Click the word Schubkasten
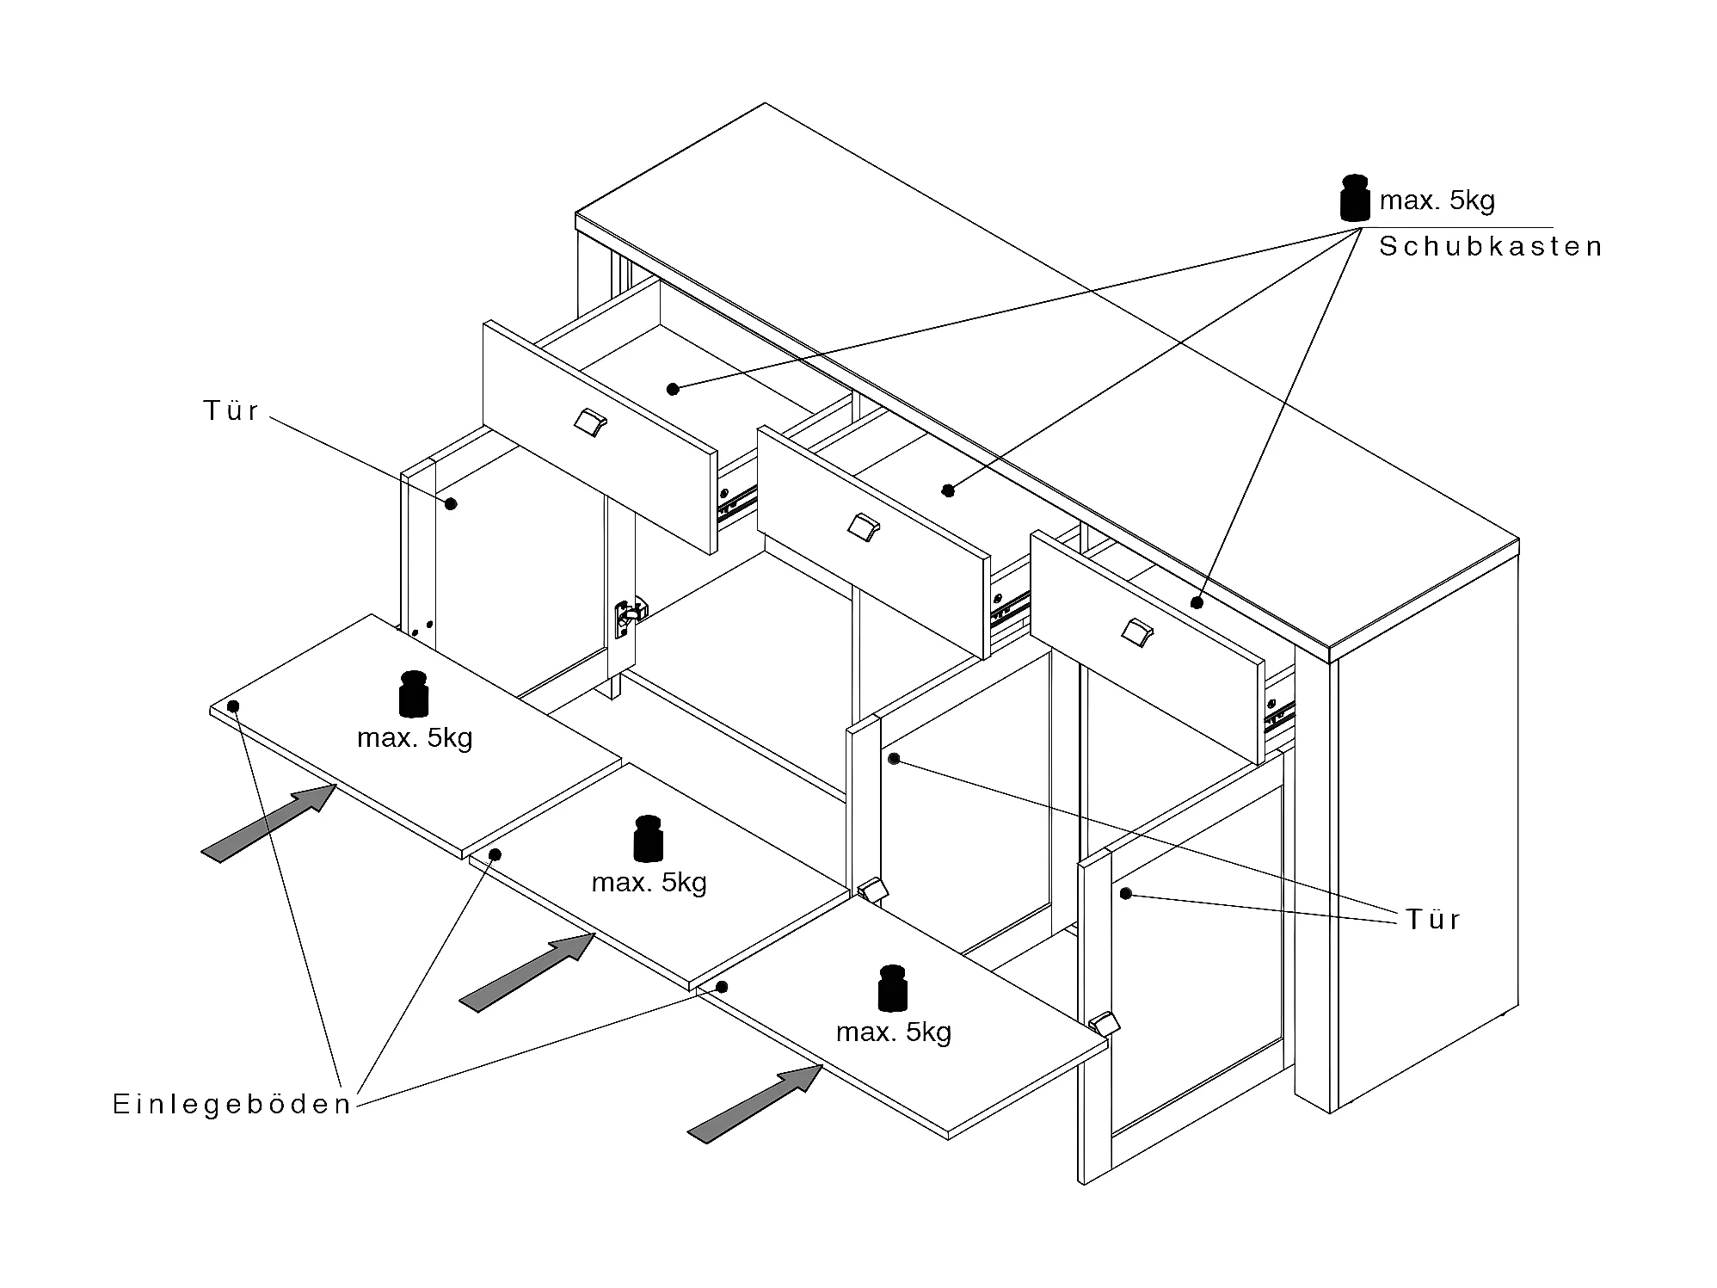click(1490, 247)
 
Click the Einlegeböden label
click(232, 1105)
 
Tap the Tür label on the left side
click(231, 411)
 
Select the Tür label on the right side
click(1433, 920)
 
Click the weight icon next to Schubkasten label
click(1354, 199)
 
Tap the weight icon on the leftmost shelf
click(414, 693)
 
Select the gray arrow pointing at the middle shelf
click(526, 972)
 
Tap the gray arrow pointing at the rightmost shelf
click(754, 1104)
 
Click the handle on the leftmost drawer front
click(590, 422)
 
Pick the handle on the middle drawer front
click(863, 527)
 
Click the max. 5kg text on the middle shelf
click(649, 883)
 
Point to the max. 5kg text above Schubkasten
click(1437, 200)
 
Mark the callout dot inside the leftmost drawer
click(673, 389)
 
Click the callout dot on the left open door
click(450, 503)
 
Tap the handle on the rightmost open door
click(1103, 1023)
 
